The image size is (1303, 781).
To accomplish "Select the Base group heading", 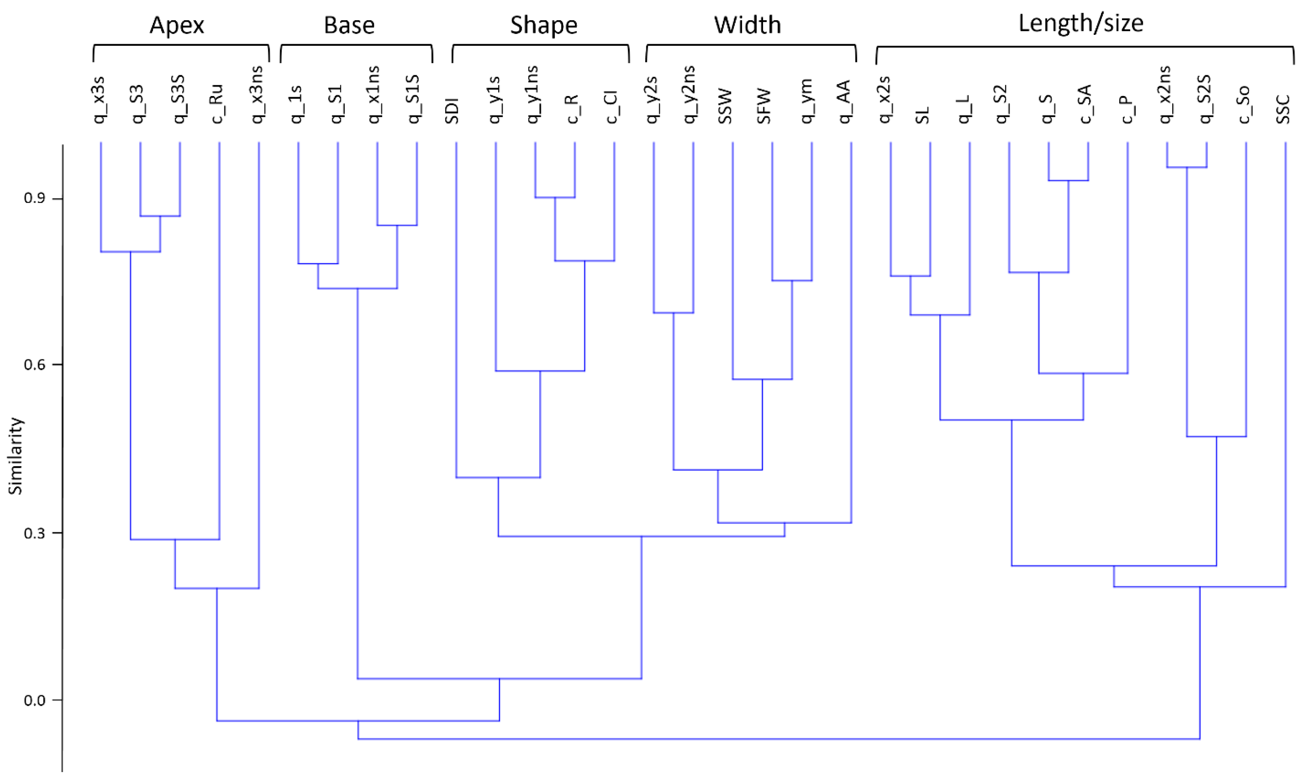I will click(349, 25).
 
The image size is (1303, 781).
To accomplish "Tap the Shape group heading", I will click(544, 25).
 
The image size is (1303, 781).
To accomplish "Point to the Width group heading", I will click(747, 25).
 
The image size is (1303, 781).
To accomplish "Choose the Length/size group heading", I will click(1081, 23).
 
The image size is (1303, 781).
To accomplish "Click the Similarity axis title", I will click(16, 456).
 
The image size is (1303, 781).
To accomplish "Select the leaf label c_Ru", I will click(217, 104).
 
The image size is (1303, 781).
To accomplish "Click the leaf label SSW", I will click(725, 107).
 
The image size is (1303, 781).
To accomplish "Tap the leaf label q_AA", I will click(844, 102).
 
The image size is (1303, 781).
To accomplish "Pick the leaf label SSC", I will click(1283, 109).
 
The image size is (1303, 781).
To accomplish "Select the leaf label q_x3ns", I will click(257, 95).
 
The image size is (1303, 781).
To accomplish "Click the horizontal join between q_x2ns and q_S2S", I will click(1186, 167).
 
